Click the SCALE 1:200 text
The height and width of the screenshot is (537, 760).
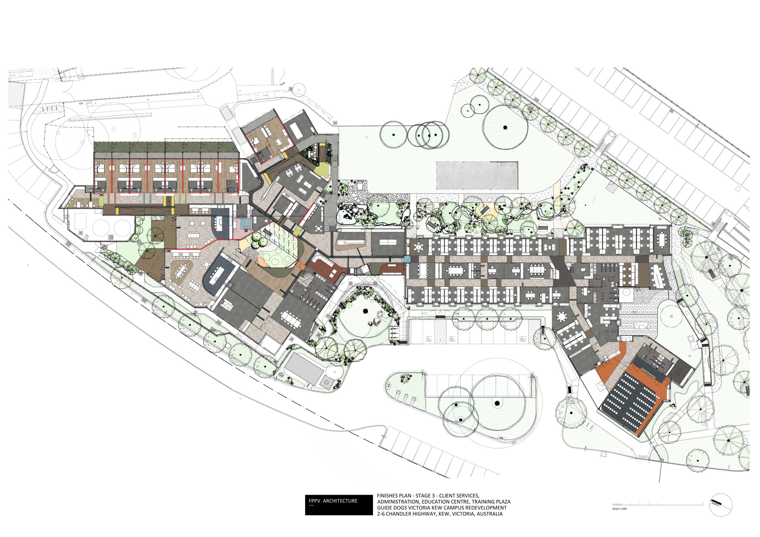point(619,508)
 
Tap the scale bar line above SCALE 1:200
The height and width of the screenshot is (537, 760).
point(657,505)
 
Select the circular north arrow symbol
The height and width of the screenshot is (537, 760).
point(721,505)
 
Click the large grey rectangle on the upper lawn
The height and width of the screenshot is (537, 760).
point(477,176)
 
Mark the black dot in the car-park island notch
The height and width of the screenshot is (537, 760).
point(497,403)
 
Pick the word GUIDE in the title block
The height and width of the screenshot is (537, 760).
point(384,508)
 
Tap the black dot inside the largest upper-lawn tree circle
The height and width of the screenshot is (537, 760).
point(505,127)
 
